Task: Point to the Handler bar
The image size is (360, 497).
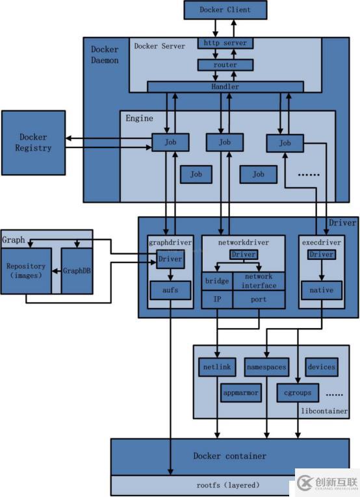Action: [x=225, y=86]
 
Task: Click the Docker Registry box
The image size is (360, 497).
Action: [x=33, y=142]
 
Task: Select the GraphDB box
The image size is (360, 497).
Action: [x=77, y=271]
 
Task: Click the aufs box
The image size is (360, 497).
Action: [x=171, y=290]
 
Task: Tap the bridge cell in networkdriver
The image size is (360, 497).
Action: [x=216, y=281]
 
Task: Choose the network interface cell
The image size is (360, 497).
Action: [x=259, y=281]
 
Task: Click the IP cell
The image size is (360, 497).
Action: [x=216, y=299]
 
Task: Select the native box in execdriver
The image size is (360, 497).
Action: [x=321, y=290]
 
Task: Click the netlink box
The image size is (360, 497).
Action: [x=216, y=367]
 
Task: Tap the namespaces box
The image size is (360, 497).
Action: [x=266, y=367]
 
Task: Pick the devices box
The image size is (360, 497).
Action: [x=322, y=367]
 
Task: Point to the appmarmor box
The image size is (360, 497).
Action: [x=240, y=392]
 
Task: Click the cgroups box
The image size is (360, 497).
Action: [x=298, y=392]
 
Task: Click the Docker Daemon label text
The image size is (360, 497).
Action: [x=105, y=54]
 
